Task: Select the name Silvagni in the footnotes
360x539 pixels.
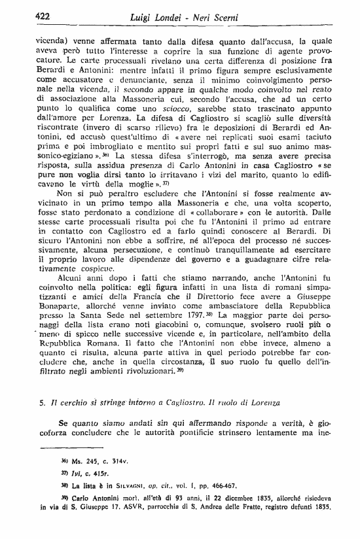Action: [x=133, y=486]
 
